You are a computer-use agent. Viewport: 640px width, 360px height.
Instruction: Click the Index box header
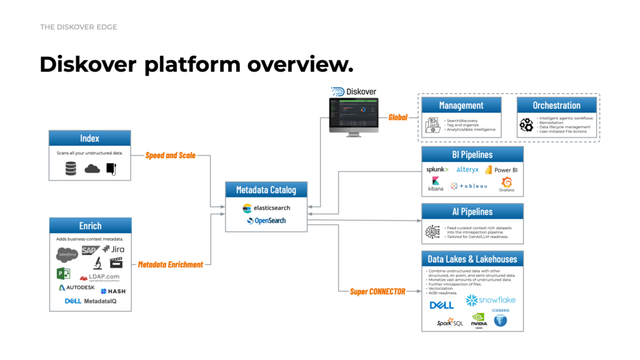pyautogui.click(x=89, y=138)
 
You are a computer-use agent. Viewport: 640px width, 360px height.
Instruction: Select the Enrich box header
pyautogui.click(x=89, y=226)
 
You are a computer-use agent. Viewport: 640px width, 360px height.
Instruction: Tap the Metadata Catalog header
pyautogui.click(x=266, y=190)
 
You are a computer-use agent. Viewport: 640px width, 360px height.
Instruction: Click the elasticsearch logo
pyautogui.click(x=266, y=207)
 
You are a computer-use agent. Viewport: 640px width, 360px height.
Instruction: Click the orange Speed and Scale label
pyautogui.click(x=171, y=155)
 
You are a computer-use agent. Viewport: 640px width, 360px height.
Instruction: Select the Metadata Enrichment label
pyautogui.click(x=170, y=264)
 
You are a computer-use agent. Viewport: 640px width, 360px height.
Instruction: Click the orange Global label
pyautogui.click(x=398, y=117)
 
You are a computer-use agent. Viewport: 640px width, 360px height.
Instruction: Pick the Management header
pyautogui.click(x=461, y=105)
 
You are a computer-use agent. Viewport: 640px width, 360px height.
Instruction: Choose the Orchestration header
pyautogui.click(x=556, y=105)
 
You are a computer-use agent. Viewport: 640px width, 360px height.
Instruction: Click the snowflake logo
pyautogui.click(x=491, y=301)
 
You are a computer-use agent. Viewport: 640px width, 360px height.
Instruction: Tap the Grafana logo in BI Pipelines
pyautogui.click(x=506, y=184)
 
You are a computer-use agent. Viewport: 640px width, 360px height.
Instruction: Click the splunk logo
pyautogui.click(x=437, y=169)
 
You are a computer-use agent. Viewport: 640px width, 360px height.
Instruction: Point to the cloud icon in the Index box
pyautogui.click(x=92, y=168)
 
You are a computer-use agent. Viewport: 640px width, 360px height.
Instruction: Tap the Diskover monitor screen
pyautogui.click(x=353, y=115)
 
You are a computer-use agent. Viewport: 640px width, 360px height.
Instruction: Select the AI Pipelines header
pyautogui.click(x=472, y=212)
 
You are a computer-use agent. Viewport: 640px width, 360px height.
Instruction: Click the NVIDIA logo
pyautogui.click(x=479, y=320)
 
